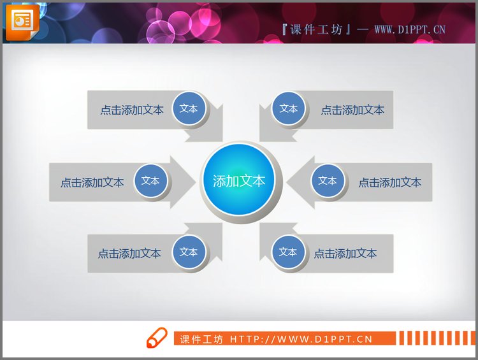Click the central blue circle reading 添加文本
coord(239,181)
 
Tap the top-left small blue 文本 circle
coord(189,109)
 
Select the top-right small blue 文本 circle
coord(289,109)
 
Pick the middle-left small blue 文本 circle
coord(150,181)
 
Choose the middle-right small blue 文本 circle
coord(328,181)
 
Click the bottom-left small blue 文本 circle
coord(189,252)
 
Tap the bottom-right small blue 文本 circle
coord(288,252)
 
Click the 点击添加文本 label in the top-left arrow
coord(132,110)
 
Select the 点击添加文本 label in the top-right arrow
coord(352,110)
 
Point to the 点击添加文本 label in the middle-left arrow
coord(92,182)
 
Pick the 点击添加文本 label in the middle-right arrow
coord(389,182)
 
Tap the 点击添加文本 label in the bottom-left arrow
coord(129,253)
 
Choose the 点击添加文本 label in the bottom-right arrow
coord(345,253)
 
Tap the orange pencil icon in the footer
coord(156,338)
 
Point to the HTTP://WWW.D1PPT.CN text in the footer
coord(301,339)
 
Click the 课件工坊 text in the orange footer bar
coord(201,339)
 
